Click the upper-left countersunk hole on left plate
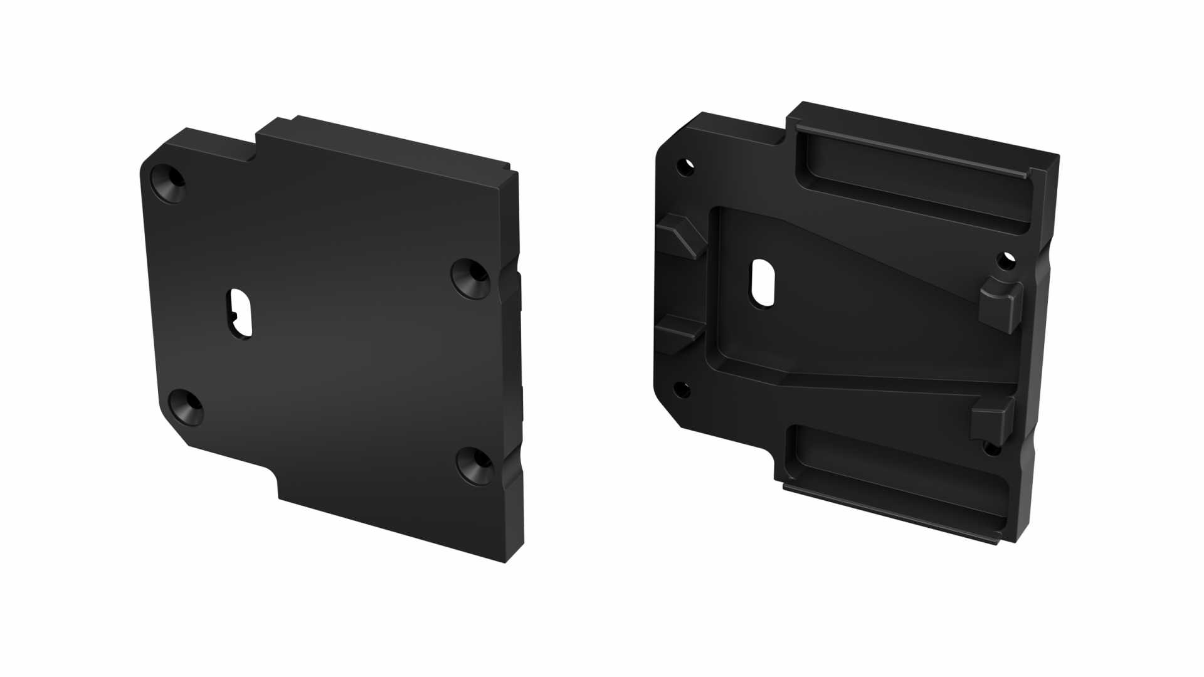click(x=171, y=182)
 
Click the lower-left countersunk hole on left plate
click(x=187, y=407)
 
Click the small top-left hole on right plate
click(x=687, y=166)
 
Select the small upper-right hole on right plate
click(x=1005, y=258)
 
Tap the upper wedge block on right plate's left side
click(x=682, y=235)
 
